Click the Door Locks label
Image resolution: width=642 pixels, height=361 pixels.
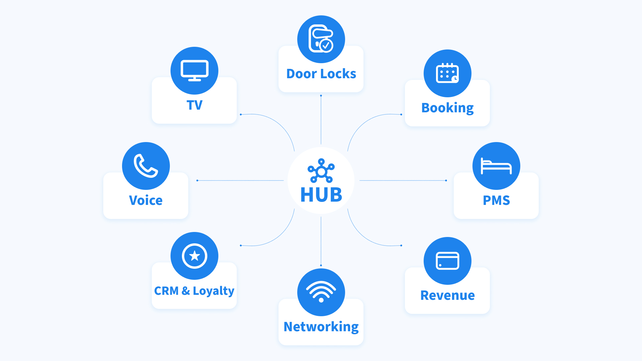(321, 74)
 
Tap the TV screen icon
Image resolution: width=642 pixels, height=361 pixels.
(194, 70)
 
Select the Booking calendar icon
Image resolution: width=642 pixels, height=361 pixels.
(447, 73)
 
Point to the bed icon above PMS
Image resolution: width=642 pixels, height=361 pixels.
(496, 166)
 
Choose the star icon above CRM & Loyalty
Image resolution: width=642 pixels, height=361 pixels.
(194, 256)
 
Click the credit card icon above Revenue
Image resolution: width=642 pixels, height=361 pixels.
(447, 261)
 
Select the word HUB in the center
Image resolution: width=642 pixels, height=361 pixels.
(321, 195)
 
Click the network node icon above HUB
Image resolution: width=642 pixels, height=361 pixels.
(321, 171)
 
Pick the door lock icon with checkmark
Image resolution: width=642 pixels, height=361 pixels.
(321, 39)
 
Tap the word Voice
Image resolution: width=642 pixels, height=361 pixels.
(146, 201)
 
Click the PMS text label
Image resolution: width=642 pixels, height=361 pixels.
(496, 201)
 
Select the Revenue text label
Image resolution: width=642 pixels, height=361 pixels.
(447, 295)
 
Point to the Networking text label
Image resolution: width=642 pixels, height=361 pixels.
(321, 327)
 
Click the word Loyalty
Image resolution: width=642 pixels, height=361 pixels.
(213, 291)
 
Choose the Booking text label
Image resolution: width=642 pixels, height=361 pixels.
(447, 108)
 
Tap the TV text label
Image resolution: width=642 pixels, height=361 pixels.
(194, 105)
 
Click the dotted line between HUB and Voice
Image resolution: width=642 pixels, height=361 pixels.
(241, 180)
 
